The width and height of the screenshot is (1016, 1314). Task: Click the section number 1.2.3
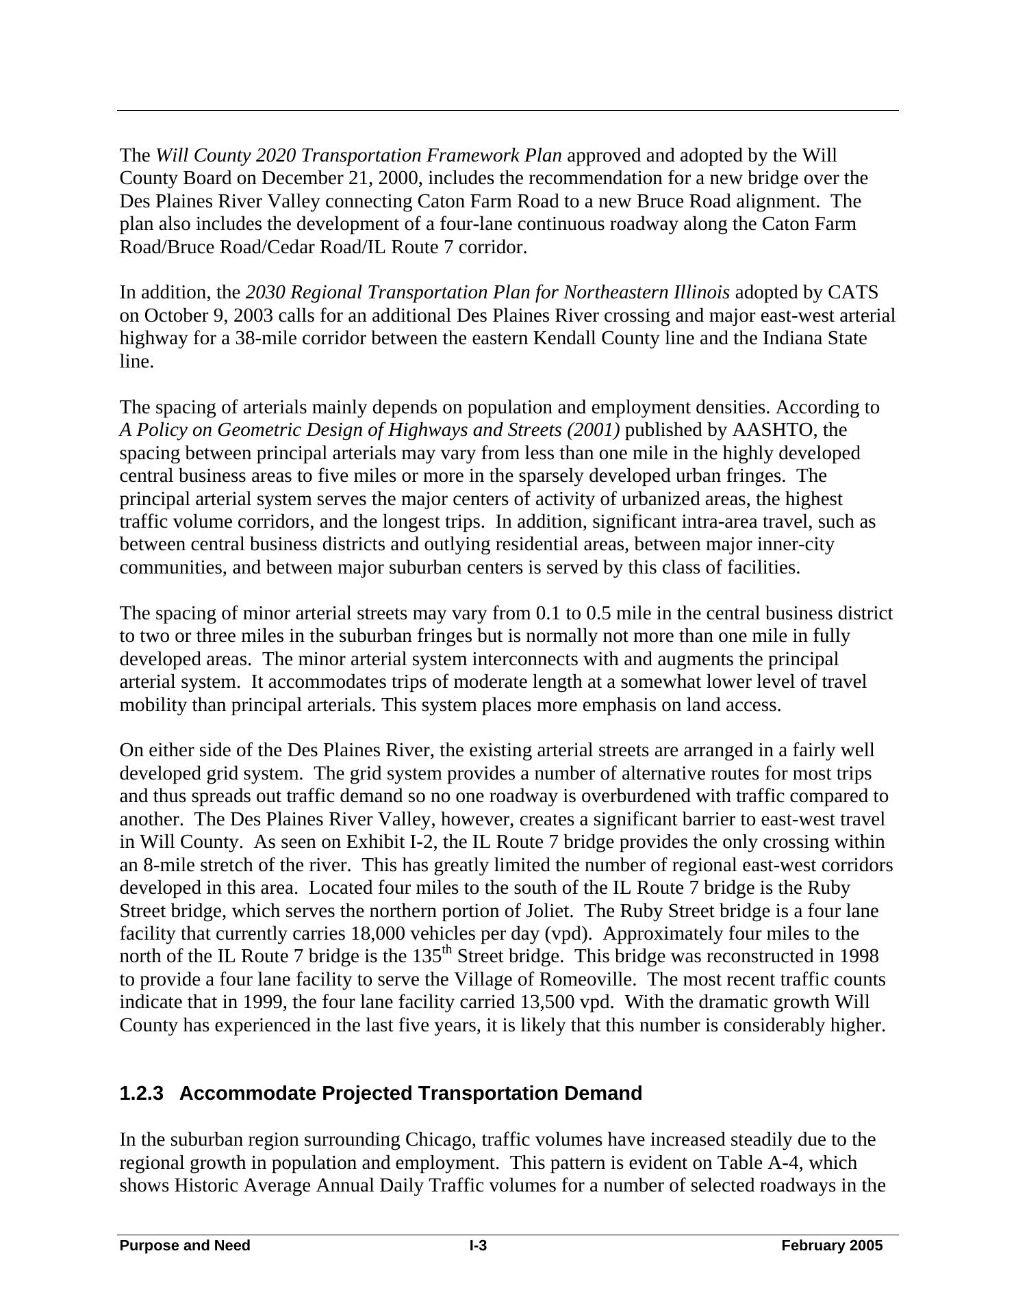142,1094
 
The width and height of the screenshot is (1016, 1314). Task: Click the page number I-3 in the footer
478,1246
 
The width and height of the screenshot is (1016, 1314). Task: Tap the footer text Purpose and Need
185,1246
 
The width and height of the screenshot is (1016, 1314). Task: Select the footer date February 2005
832,1246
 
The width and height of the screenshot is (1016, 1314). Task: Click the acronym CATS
852,293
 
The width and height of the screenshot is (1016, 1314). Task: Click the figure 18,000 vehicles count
377,934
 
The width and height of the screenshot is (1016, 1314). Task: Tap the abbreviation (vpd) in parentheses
572,934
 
